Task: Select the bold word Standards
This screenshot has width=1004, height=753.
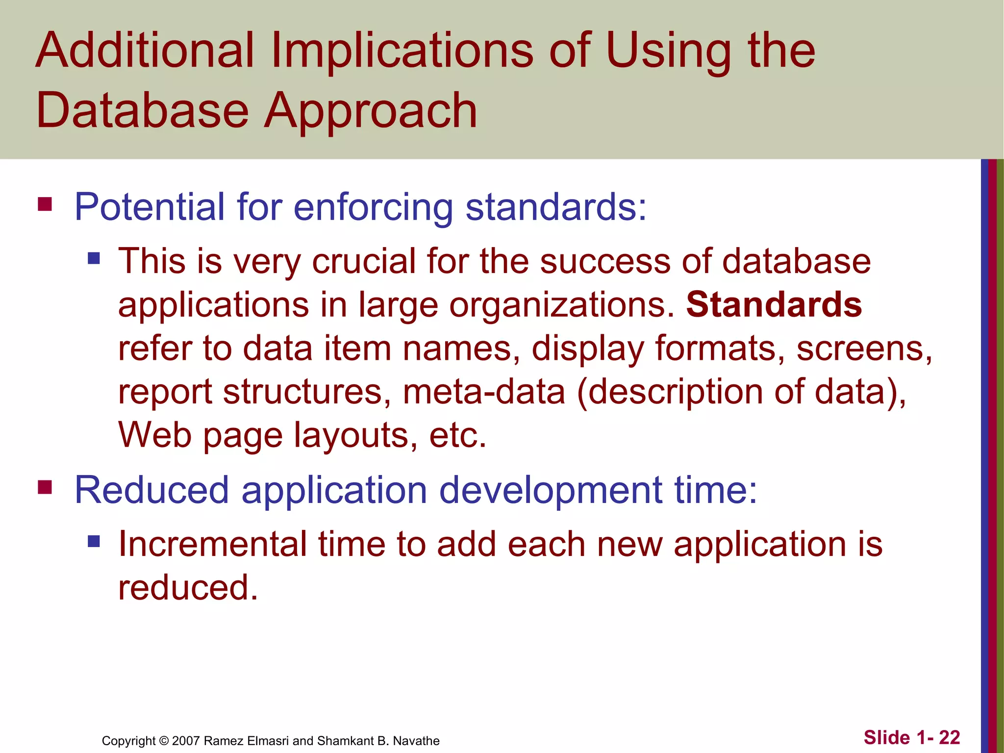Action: [x=773, y=304]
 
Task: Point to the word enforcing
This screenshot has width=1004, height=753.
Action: [x=373, y=208]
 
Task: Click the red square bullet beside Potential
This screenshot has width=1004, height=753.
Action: [x=45, y=203]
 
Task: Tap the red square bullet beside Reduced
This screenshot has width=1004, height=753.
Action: [x=45, y=487]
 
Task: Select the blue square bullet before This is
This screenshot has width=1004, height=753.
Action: [x=94, y=258]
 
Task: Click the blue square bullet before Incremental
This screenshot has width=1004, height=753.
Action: [x=94, y=541]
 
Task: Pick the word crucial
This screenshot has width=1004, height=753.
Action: [x=363, y=261]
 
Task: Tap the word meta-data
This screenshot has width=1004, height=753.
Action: [x=484, y=392]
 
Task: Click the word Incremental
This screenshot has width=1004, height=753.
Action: [x=212, y=544]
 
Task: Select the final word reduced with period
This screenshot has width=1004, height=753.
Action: [x=188, y=587]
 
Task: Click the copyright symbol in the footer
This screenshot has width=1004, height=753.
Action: [x=164, y=741]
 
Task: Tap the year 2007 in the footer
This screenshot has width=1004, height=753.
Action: [x=186, y=741]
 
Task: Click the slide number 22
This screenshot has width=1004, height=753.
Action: [x=949, y=737]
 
